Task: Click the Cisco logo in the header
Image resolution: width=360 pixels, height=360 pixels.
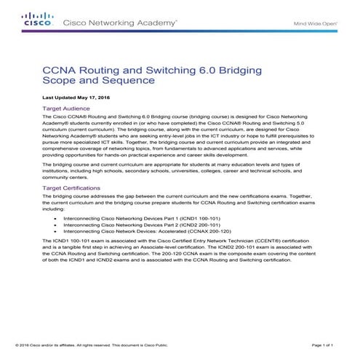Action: pyautogui.click(x=37, y=20)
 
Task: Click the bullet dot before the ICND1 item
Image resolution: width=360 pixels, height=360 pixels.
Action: pyautogui.click(x=56, y=218)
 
